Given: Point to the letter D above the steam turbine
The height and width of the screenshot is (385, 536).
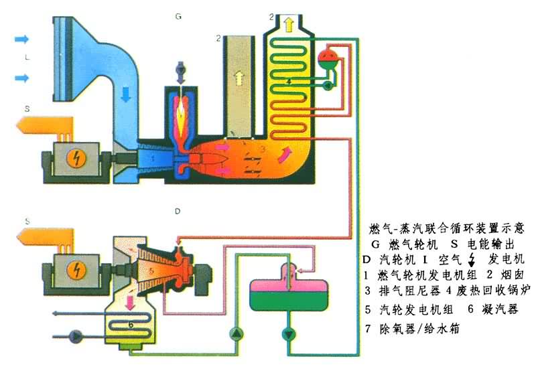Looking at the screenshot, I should (178, 212).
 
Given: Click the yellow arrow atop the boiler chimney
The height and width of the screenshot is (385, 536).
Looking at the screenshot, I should (289, 25).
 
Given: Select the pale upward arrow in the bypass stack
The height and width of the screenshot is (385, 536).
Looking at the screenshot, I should (239, 80).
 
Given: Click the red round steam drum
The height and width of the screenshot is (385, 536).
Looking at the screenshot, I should (328, 54).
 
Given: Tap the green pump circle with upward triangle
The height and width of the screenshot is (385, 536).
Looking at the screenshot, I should (237, 333).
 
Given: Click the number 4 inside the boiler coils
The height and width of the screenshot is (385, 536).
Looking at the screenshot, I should (288, 81).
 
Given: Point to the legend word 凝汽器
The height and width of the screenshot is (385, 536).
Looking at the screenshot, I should (501, 310).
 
